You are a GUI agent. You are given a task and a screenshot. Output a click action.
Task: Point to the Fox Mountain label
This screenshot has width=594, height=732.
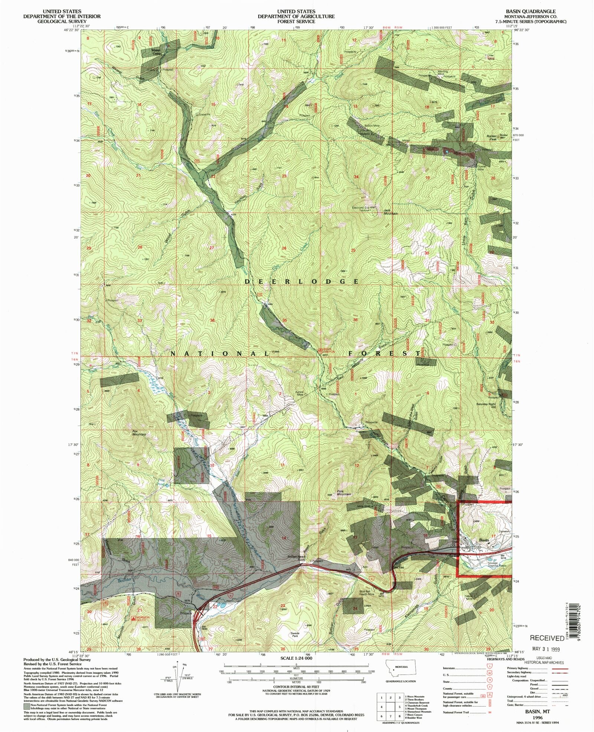coord(139,433)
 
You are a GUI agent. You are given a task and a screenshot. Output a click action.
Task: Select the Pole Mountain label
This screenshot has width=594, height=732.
coord(344,493)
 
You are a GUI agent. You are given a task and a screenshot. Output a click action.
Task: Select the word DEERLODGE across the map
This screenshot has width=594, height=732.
coord(301,281)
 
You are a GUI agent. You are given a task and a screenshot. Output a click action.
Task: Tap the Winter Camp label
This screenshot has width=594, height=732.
coord(156,52)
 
